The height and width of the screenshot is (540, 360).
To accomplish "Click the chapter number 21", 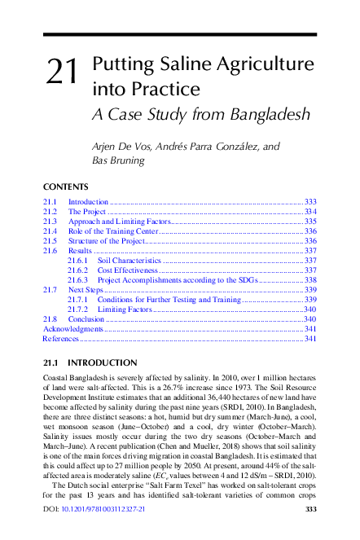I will coord(62,72).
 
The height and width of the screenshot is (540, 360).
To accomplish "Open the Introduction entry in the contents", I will coord(88,201).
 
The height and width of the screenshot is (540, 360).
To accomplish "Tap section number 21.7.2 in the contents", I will coord(79,310).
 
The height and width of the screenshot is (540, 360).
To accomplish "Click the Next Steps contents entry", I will coord(86,290).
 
